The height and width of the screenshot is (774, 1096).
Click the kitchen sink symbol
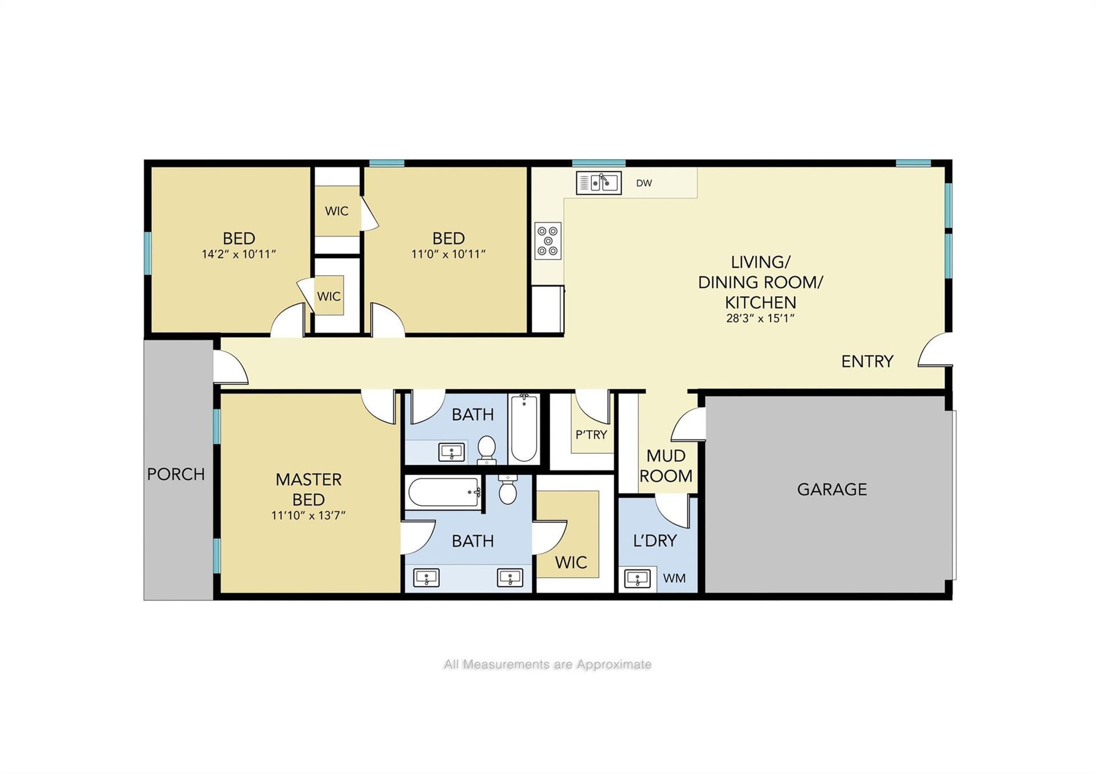[598, 183]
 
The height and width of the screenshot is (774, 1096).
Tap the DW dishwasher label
[644, 183]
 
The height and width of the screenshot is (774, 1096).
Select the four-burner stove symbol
[548, 241]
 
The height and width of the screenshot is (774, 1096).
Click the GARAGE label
[832, 489]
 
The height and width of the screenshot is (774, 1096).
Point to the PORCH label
[176, 474]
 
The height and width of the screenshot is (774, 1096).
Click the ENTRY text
[867, 361]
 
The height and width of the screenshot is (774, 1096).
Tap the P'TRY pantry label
[591, 435]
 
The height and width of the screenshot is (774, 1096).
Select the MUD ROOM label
[666, 466]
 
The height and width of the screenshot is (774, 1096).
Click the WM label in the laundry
[674, 578]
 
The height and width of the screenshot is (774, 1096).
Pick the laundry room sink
[638, 578]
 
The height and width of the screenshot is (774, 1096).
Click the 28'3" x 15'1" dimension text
[760, 319]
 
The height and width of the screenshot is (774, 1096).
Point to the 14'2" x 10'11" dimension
[239, 254]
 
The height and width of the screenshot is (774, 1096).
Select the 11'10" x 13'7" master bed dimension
[308, 515]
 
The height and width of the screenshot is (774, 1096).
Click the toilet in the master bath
[507, 489]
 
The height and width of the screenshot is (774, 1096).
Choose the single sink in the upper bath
[452, 453]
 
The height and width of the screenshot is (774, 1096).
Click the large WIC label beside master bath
[571, 563]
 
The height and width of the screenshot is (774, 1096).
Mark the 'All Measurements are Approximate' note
[547, 664]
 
